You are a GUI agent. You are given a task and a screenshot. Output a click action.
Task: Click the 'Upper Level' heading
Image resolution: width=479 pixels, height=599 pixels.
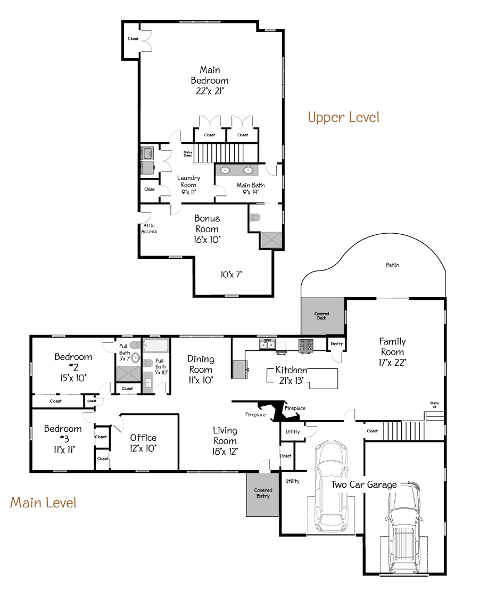(343, 117)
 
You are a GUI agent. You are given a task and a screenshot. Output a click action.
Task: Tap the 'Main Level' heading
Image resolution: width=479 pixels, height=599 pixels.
(43, 502)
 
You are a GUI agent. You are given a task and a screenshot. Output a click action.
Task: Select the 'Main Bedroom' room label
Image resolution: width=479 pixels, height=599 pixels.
(210, 75)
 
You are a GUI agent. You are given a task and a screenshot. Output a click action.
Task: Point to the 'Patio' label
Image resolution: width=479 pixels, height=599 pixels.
(392, 265)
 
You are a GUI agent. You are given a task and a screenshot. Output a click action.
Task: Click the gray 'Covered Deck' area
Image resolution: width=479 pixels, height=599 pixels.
(321, 316)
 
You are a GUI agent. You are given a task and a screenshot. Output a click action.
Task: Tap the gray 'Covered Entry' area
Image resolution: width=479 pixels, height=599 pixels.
(263, 494)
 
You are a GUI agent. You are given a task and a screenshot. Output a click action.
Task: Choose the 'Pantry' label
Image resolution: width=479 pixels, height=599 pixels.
(336, 343)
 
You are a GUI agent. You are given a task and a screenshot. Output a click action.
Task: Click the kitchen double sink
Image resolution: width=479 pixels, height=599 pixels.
(267, 344)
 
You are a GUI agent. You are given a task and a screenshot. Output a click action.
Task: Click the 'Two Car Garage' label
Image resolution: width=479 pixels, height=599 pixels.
(364, 485)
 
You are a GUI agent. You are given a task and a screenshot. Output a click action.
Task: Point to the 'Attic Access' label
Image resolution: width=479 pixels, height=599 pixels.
(149, 228)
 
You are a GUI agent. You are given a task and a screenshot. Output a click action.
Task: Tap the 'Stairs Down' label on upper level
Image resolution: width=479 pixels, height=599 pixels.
(187, 154)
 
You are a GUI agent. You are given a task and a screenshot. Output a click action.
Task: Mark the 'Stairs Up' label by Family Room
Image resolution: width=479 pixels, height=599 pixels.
(435, 405)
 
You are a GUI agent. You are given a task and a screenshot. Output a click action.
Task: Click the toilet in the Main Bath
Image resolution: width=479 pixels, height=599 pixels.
(255, 217)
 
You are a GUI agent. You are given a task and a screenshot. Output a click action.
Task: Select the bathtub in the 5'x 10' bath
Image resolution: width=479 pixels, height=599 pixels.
(156, 346)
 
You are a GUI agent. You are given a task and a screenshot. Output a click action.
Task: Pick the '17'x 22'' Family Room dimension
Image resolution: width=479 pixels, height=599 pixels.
(392, 363)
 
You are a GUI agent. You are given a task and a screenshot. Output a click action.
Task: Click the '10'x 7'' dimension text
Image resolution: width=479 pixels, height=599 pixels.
(232, 275)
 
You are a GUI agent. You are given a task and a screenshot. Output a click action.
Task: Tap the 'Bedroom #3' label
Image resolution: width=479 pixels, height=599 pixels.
(63, 433)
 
